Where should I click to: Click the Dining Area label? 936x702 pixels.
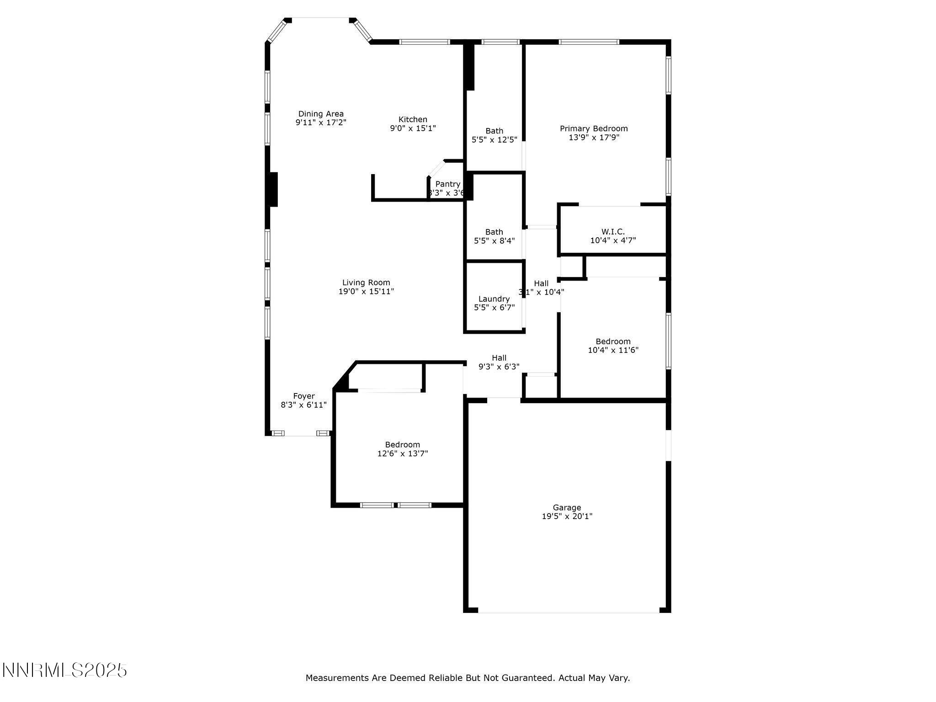click(321, 114)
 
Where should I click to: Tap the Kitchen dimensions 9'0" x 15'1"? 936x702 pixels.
click(413, 128)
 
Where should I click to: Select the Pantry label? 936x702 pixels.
click(447, 184)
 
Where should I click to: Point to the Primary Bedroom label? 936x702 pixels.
click(594, 128)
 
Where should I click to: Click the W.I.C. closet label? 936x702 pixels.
click(613, 232)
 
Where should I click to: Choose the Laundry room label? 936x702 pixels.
click(494, 299)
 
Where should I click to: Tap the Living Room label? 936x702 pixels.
click(366, 282)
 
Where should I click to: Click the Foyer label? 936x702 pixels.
click(304, 396)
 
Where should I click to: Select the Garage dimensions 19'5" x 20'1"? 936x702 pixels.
click(567, 516)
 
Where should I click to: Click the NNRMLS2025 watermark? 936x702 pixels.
click(64, 670)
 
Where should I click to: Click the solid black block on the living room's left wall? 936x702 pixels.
click(273, 189)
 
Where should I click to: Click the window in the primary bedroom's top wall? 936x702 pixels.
click(589, 42)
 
